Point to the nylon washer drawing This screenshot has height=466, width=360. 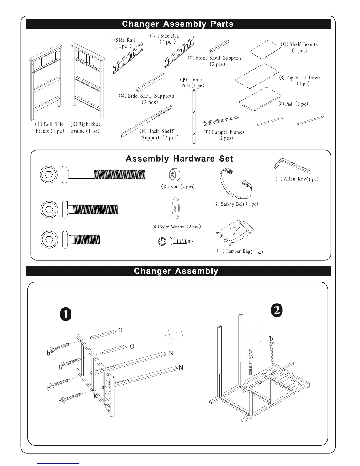[x=176, y=208]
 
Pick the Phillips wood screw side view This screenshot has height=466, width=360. [x=181, y=242]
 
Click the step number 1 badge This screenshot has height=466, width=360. [x=66, y=314]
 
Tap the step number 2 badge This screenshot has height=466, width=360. [x=277, y=311]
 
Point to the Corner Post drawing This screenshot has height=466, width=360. [x=194, y=116]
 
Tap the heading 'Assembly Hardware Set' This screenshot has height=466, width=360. [x=179, y=159]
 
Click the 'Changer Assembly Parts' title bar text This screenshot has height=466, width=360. [x=178, y=24]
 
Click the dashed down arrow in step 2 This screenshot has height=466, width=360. [x=258, y=333]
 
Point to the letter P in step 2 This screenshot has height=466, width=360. [x=260, y=384]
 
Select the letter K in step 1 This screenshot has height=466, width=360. [x=96, y=396]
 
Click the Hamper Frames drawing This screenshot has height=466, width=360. [x=221, y=121]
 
